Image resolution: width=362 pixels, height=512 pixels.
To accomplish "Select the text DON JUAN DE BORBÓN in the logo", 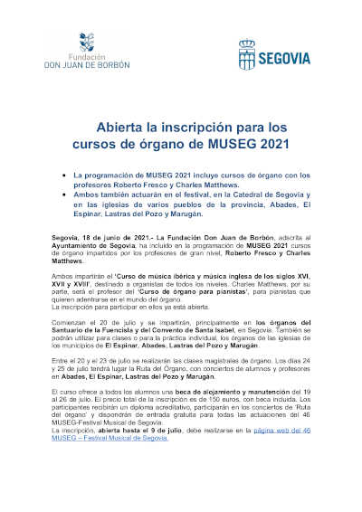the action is pyautogui.click(x=86, y=66).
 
